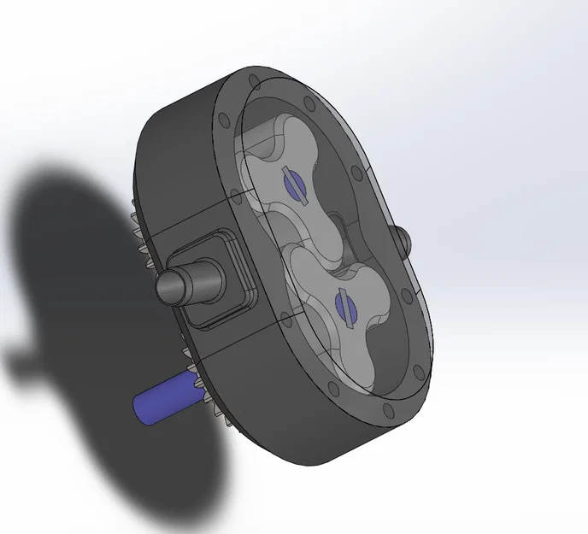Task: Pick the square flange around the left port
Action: (x=224, y=282)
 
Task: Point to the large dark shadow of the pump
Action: (x=85, y=282)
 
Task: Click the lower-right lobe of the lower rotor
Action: (x=376, y=342)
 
